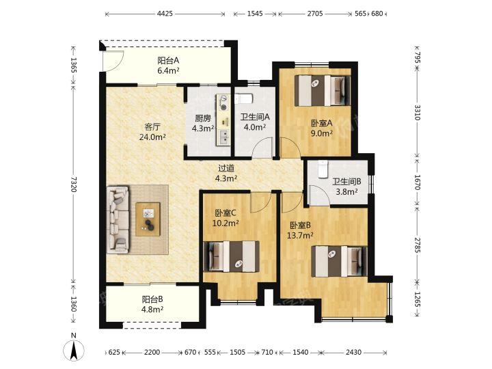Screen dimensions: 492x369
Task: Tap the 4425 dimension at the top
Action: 165,14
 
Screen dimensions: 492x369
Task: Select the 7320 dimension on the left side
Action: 73,184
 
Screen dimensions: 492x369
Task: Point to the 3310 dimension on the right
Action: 418,112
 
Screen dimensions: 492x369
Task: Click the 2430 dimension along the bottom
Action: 353,353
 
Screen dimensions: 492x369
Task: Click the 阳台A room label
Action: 168,60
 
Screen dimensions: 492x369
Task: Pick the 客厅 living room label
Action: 152,127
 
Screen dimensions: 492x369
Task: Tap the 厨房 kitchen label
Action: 203,118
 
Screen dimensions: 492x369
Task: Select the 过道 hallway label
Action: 226,169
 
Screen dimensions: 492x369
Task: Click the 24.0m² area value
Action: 152,137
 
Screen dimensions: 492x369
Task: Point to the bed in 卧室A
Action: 323,90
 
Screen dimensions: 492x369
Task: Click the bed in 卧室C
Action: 232,256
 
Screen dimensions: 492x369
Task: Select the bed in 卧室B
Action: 339,261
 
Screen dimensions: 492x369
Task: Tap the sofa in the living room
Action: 118,219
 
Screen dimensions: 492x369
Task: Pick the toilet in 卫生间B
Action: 323,169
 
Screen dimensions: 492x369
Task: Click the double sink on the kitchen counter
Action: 223,137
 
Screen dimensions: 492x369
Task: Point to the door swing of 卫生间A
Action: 263,148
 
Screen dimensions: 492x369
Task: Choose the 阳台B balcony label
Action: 152,299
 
